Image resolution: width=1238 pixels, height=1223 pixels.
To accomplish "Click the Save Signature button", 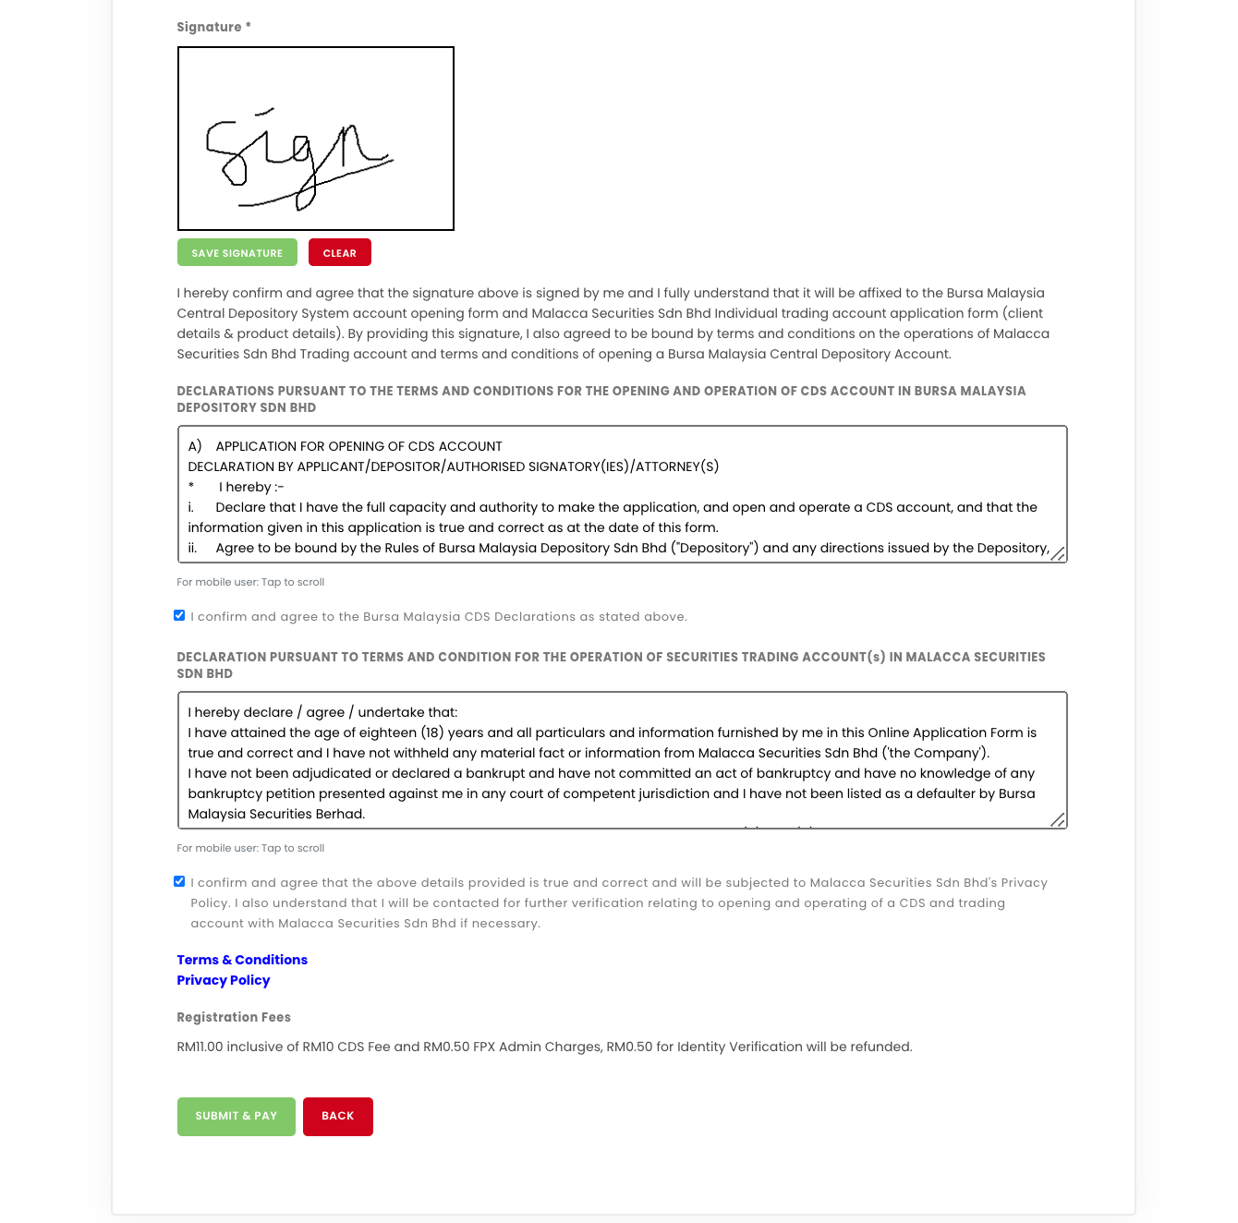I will [237, 252].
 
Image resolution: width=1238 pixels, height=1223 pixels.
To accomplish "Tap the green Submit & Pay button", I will [236, 1116].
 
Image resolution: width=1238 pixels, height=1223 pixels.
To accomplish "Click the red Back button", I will [337, 1116].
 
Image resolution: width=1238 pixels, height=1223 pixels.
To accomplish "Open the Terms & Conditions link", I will [242, 960].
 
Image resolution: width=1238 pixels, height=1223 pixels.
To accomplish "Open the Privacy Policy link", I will [224, 980].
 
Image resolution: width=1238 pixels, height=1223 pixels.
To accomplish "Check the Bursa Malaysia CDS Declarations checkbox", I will [179, 615].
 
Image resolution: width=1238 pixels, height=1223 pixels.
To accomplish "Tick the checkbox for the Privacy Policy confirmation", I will [179, 881].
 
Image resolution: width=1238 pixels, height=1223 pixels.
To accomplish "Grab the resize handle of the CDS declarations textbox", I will [1058, 553].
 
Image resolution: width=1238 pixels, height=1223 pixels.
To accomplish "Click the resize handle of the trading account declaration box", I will [1058, 819].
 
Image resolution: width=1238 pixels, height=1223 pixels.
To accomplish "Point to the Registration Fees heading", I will [234, 1017].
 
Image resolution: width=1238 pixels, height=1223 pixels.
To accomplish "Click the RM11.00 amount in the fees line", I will [200, 1047].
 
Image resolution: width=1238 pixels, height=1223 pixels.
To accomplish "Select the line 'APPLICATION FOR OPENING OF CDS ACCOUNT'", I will [358, 446].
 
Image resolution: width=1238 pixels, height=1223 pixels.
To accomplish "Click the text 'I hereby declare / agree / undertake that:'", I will [322, 712].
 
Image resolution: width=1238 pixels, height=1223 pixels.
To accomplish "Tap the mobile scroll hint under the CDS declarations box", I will [250, 582].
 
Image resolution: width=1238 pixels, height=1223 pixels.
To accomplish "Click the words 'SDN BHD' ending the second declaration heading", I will [205, 673].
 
